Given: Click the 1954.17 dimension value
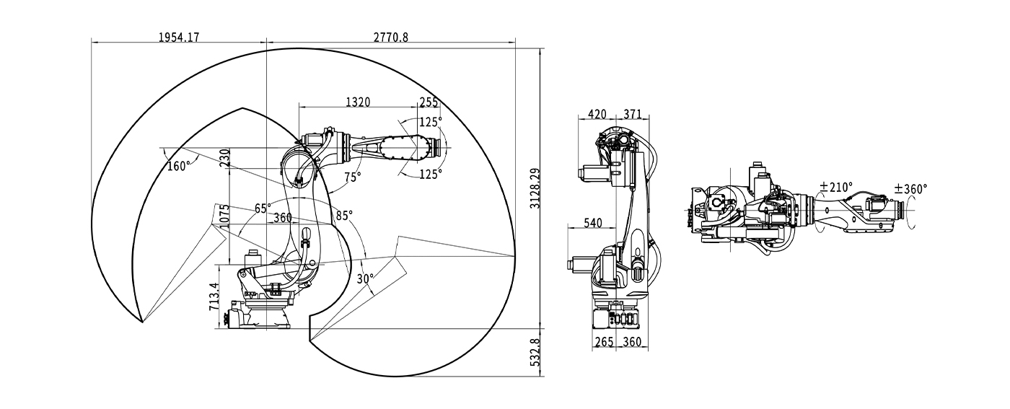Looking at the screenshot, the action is [x=179, y=37].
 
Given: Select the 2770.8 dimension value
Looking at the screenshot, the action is [x=391, y=37].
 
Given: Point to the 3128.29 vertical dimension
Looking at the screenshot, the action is [x=535, y=188].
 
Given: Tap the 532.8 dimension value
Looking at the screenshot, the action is [x=535, y=353].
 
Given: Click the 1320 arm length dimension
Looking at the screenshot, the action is [x=358, y=102].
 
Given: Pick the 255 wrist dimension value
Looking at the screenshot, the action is [x=429, y=102].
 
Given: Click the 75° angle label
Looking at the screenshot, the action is [x=353, y=177].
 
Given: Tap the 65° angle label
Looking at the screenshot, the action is [x=263, y=208].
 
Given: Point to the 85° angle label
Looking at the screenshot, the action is [x=344, y=216].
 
